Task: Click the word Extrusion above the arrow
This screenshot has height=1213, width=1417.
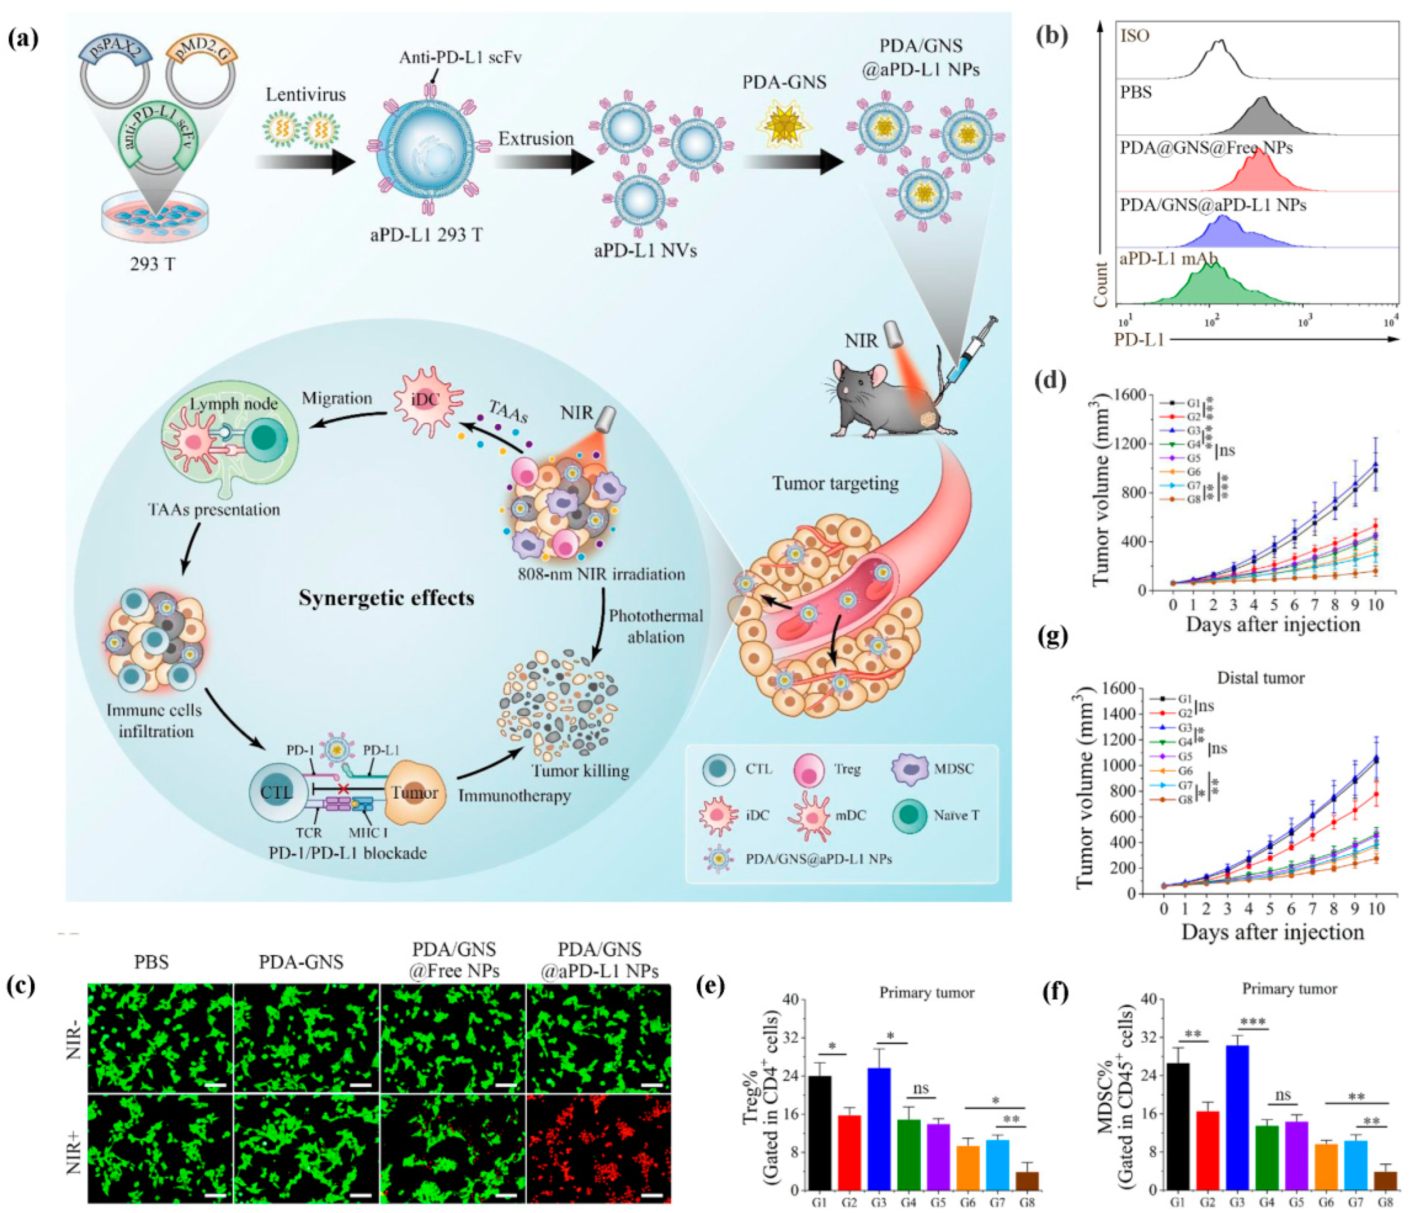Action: pyautogui.click(x=535, y=139)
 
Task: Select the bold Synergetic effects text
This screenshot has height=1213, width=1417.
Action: pyautogui.click(x=386, y=598)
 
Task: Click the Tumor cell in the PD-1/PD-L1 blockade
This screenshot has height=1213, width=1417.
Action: pyautogui.click(x=414, y=793)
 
